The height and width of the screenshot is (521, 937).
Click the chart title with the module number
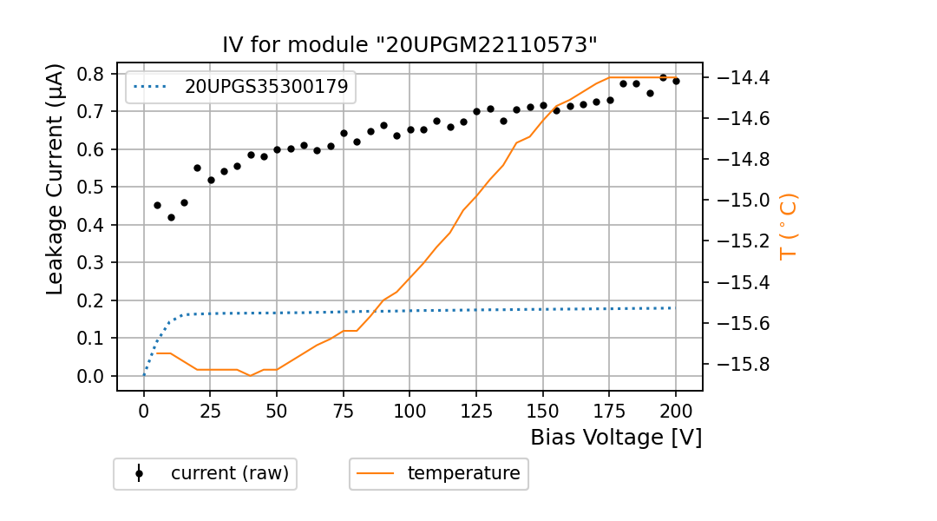coord(410,45)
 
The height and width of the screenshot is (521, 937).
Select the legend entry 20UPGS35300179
coord(265,86)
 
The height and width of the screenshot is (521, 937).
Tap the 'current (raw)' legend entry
coord(229,473)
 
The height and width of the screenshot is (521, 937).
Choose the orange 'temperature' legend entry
coord(463,473)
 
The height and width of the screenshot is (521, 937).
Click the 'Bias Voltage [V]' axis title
coord(616,437)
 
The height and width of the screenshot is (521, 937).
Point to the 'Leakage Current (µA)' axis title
coord(55,179)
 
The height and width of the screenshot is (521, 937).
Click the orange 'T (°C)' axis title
coord(788,226)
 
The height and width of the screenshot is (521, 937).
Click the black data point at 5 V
coord(157,205)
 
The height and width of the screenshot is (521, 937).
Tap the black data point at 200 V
coord(676,81)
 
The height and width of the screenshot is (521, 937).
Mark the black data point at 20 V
coord(197,168)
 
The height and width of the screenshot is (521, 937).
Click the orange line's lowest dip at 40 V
coord(251,375)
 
